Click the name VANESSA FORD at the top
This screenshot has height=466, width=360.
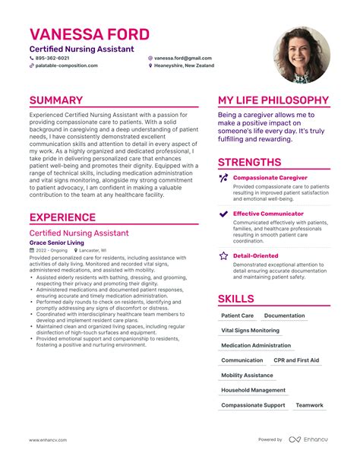[90, 35]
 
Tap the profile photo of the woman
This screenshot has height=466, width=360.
[302, 55]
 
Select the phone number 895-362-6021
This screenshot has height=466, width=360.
[52, 58]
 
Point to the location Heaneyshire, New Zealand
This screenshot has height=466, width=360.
[185, 66]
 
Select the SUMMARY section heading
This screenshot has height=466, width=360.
[56, 100]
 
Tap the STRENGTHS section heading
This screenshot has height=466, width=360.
[249, 162]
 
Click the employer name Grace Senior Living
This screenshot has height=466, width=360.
[57, 243]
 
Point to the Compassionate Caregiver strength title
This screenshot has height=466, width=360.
[270, 177]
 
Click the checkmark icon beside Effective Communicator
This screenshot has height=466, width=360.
[223, 214]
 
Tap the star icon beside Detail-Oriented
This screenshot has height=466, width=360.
[223, 256]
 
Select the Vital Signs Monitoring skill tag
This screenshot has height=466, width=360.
[250, 331]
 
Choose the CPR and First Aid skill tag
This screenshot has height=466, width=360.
[296, 360]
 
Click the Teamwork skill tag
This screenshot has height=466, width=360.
[310, 405]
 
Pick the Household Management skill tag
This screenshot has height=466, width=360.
[253, 390]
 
